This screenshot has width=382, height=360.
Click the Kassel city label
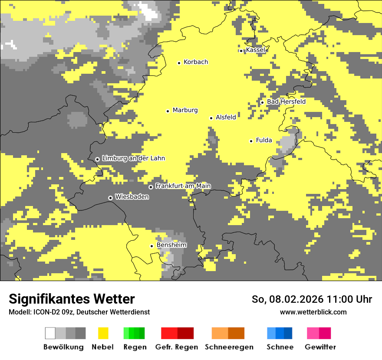click(255, 50)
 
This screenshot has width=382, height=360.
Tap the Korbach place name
click(195, 62)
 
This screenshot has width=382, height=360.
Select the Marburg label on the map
click(185, 110)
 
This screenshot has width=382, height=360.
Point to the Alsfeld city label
click(226, 117)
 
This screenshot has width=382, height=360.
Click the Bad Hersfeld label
click(286, 101)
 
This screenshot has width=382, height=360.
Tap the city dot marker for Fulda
click(251, 141)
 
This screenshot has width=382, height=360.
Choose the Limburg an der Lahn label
click(133, 158)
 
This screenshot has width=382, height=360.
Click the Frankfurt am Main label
click(183, 186)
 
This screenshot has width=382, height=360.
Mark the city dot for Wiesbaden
click(110, 198)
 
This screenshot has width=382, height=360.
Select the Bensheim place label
click(171, 245)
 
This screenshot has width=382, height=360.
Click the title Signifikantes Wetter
click(72, 299)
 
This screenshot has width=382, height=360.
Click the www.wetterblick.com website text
click(313, 312)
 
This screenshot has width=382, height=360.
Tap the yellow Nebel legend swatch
click(103, 333)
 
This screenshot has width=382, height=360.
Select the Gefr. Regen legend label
click(177, 347)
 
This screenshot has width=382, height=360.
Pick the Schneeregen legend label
click(229, 347)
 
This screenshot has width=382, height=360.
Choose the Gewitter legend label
click(320, 347)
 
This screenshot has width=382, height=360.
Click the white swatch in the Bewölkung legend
click(50, 333)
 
